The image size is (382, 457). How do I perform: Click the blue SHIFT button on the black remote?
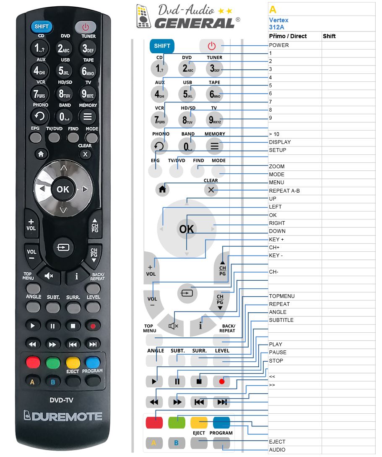tap(42, 26)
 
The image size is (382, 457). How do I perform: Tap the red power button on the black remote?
tap(85, 27)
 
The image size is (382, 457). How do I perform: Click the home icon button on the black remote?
tap(41, 154)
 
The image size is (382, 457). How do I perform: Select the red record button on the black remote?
tap(93, 326)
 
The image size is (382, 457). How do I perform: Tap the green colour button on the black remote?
tap(53, 363)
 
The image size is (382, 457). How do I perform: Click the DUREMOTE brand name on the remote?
tap(63, 416)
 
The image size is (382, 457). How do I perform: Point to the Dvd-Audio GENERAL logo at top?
tap(188, 16)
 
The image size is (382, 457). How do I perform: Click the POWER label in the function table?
tap(279, 45)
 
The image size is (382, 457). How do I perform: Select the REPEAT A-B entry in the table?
tap(284, 191)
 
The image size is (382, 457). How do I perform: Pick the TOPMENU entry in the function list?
tap(281, 296)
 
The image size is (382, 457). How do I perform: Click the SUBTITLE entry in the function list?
tap(281, 320)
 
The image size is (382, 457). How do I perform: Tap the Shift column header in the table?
tap(329, 36)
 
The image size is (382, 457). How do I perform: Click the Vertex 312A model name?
tap(279, 24)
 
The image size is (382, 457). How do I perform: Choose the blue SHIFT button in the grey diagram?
tap(162, 46)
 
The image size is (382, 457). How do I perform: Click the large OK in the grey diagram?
tap(186, 229)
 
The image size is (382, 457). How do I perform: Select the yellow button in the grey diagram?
tap(199, 423)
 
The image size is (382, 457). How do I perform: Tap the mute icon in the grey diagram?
tap(173, 326)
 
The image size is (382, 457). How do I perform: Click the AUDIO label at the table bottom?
tap(277, 450)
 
